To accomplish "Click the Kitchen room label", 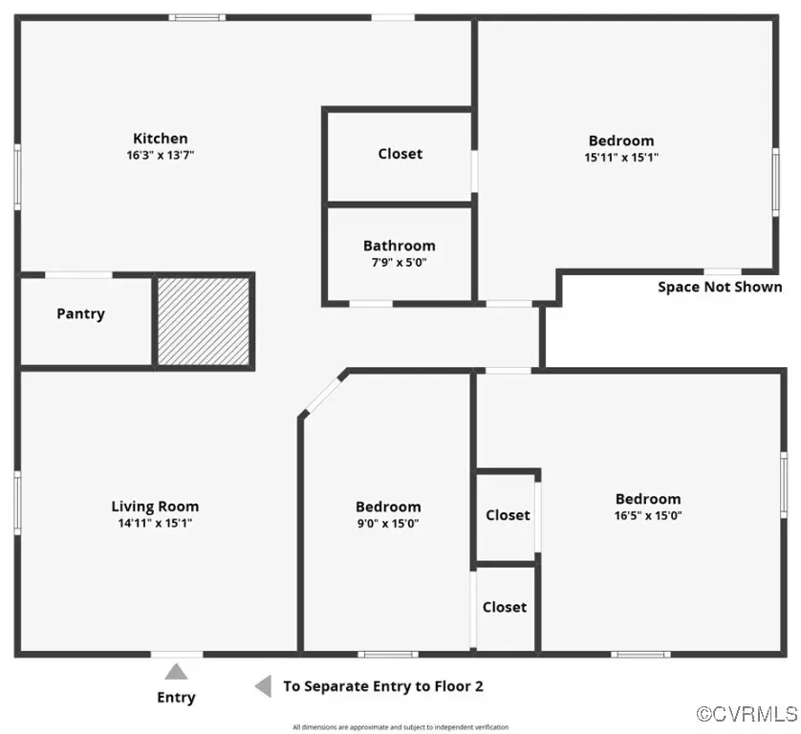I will (x=160, y=139).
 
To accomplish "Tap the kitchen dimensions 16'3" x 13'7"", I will (x=160, y=155).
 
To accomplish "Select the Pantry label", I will (x=80, y=314).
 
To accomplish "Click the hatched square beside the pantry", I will (x=204, y=320).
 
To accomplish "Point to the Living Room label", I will (x=155, y=507).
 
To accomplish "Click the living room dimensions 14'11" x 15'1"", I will (x=155, y=523).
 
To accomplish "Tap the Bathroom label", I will (x=399, y=246).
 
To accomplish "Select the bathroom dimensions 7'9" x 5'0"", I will (x=399, y=261).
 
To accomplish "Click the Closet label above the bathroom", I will (x=400, y=154).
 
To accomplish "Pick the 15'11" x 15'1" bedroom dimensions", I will (x=620, y=157).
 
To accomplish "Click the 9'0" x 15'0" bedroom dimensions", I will (x=388, y=523).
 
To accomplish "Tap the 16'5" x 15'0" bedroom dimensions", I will (x=648, y=515).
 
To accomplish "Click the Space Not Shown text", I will (x=720, y=287).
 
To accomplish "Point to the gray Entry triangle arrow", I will (x=176, y=672).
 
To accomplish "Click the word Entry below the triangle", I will (x=176, y=698).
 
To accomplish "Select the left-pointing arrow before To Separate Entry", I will (x=262, y=686).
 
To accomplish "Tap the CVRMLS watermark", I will (x=747, y=713).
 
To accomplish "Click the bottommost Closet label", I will (x=504, y=607).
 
